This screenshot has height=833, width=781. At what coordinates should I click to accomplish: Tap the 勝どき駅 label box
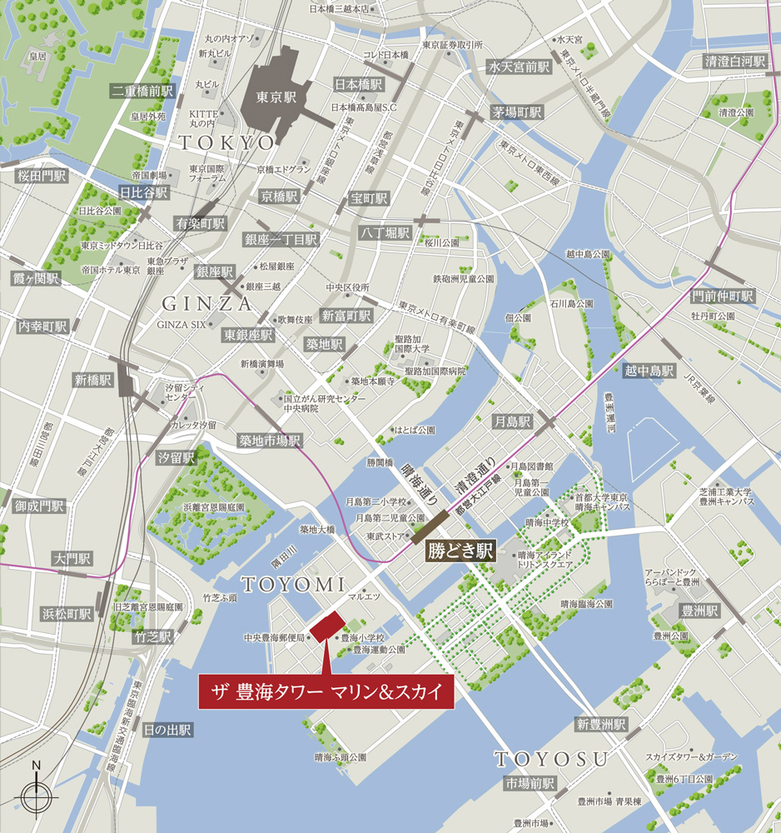(460, 551)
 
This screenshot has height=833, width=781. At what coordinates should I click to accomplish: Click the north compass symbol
(37, 796)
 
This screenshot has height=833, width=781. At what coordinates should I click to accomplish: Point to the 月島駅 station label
(512, 422)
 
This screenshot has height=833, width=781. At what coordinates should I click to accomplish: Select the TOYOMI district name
(287, 584)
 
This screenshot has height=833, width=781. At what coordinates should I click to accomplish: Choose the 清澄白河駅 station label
(734, 62)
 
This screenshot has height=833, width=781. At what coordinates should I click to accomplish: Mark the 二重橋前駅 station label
(143, 91)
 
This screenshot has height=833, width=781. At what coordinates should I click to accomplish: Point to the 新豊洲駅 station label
(600, 725)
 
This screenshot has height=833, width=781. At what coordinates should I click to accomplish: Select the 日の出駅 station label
(167, 730)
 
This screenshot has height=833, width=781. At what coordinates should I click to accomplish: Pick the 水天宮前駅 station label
(520, 67)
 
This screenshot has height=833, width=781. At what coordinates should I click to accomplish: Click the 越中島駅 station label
(649, 371)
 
